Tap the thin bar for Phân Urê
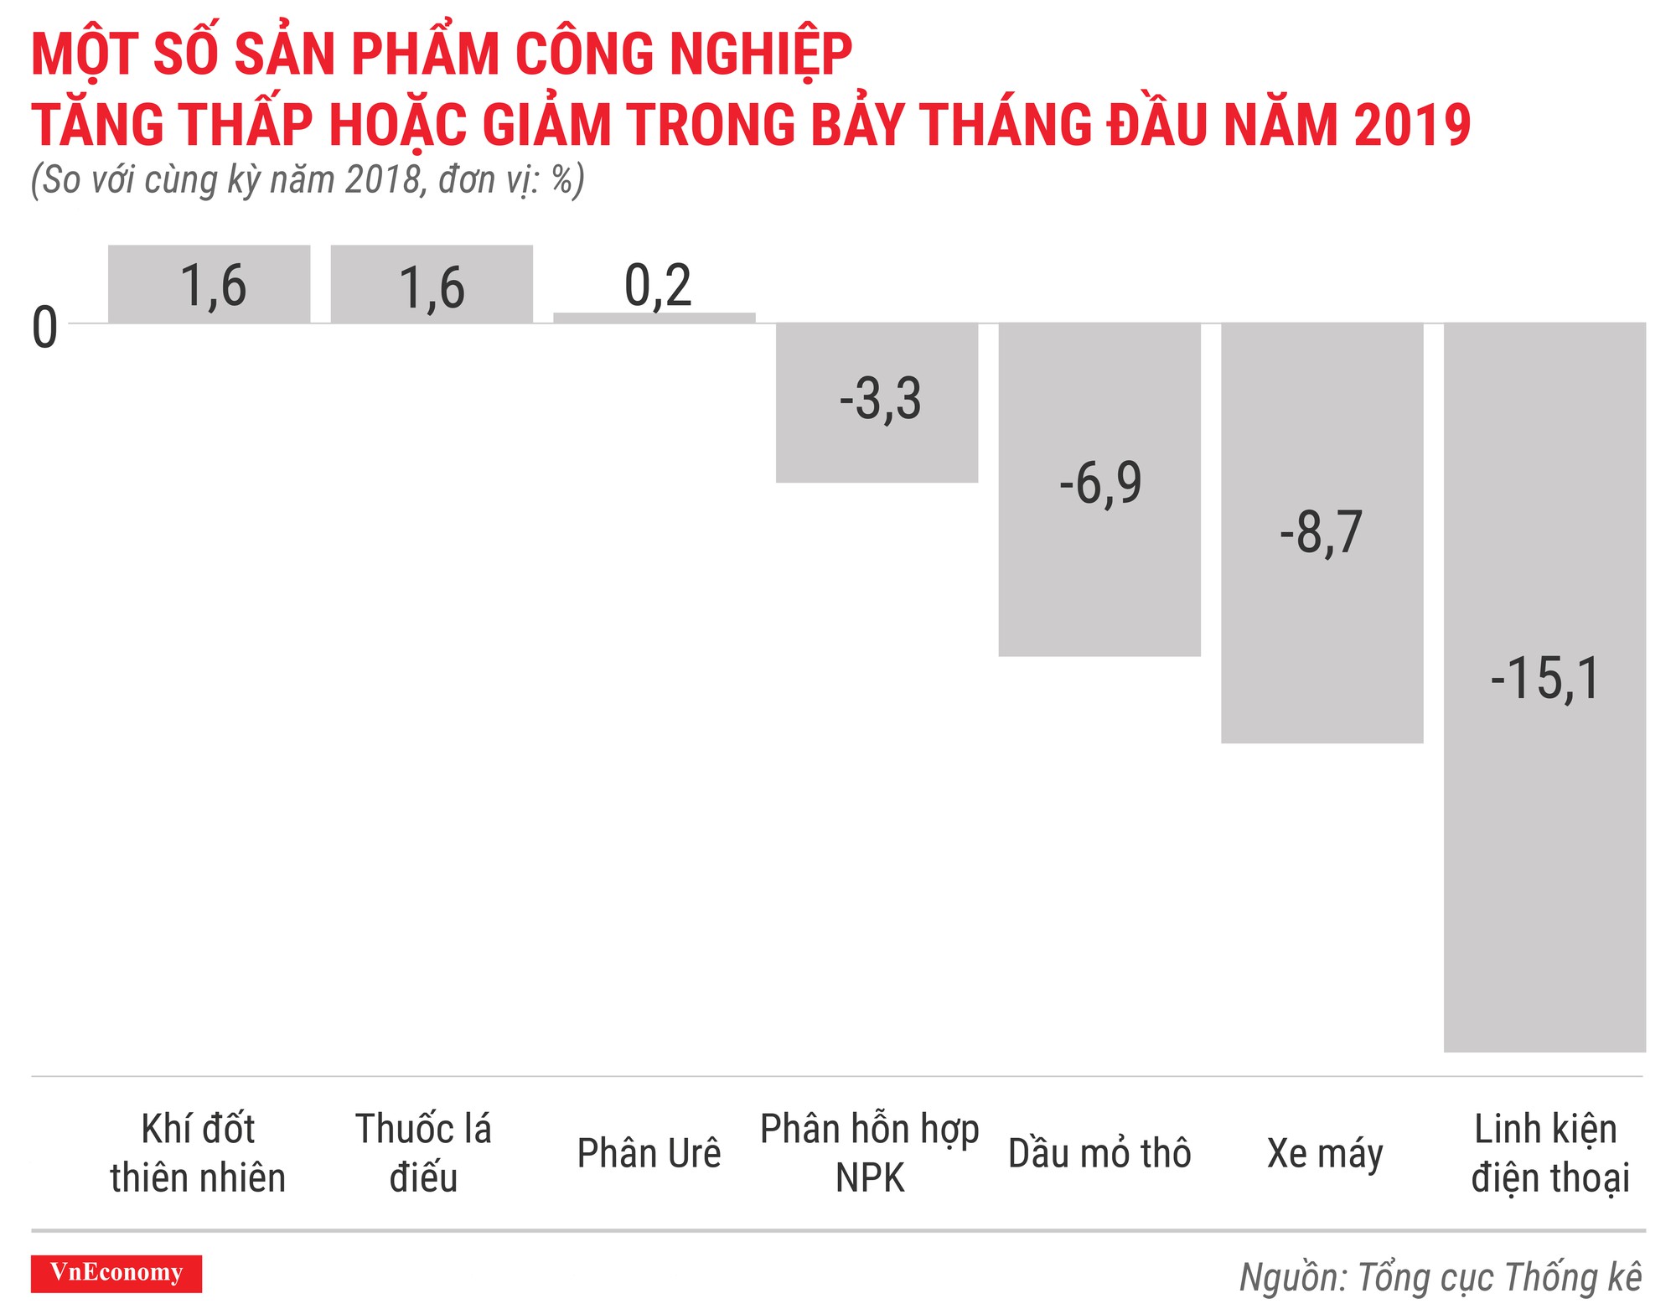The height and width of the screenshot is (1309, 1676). point(654,318)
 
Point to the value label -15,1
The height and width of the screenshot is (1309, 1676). point(1544,679)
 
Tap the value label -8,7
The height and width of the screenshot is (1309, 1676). point(1321,532)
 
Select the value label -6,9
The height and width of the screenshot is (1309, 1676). point(1099,484)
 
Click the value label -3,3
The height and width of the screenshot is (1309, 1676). point(880,399)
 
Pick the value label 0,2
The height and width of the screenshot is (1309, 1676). point(658,286)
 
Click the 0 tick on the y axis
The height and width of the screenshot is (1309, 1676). point(44,327)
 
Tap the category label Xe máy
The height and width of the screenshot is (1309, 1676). point(1324,1154)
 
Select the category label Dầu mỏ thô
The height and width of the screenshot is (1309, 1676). point(1099,1154)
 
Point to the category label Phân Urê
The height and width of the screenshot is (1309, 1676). point(649,1154)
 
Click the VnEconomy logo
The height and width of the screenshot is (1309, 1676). point(116,1273)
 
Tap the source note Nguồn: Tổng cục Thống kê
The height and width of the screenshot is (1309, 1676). point(1440,1277)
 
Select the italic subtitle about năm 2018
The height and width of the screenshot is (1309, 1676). point(308,180)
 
